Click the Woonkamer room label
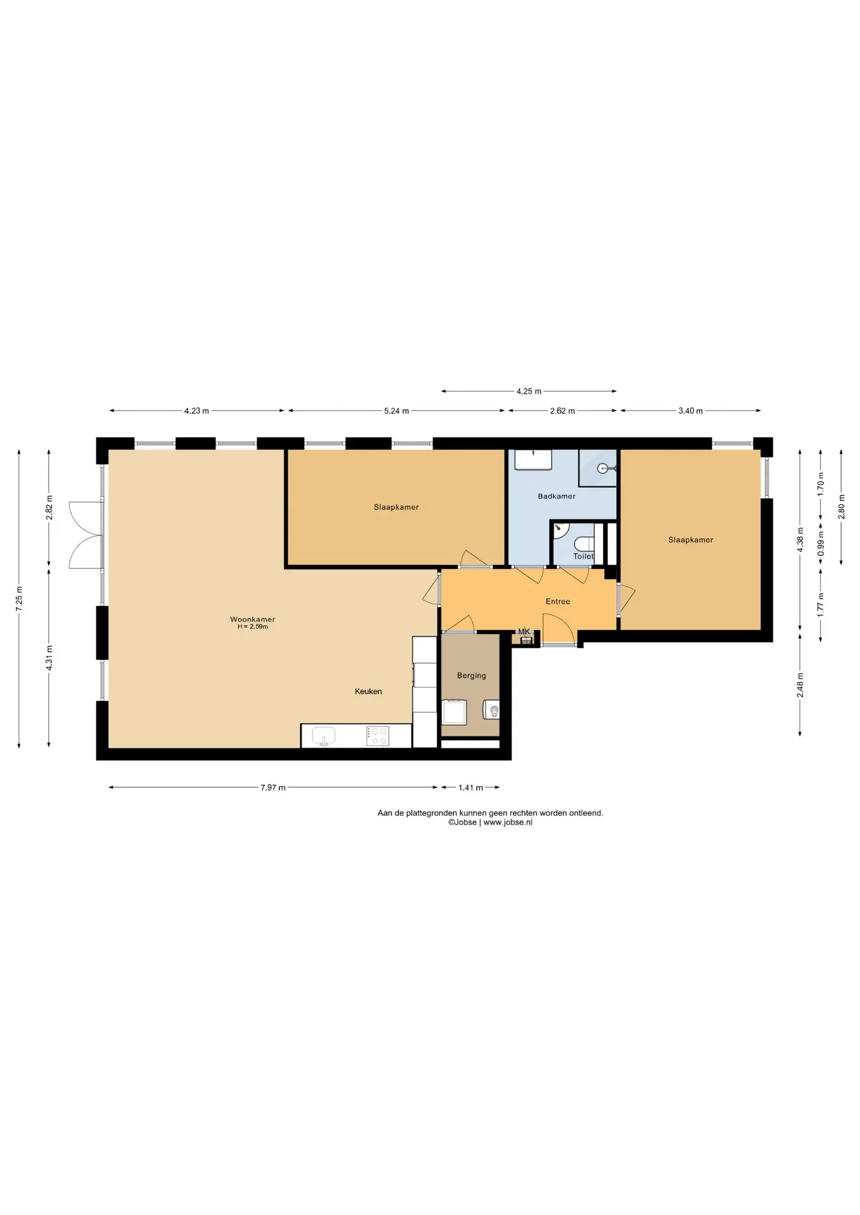coord(252,620)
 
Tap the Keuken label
coord(368,692)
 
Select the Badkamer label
coord(557,496)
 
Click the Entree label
coord(558,602)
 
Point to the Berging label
coord(472,676)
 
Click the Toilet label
coord(583,556)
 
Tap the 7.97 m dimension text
coord(273,788)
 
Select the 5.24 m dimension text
coord(396,411)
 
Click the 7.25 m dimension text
coord(19,599)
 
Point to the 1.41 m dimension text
coord(471,788)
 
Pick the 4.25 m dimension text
coord(529,391)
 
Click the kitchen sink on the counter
coord(324,736)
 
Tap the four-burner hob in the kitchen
coord(378,736)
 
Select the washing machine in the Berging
coord(454,712)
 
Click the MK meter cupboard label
coord(524,632)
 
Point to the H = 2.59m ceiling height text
coord(253,626)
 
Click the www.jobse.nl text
coord(508,822)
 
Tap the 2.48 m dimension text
coord(800,685)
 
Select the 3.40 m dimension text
coord(690,411)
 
